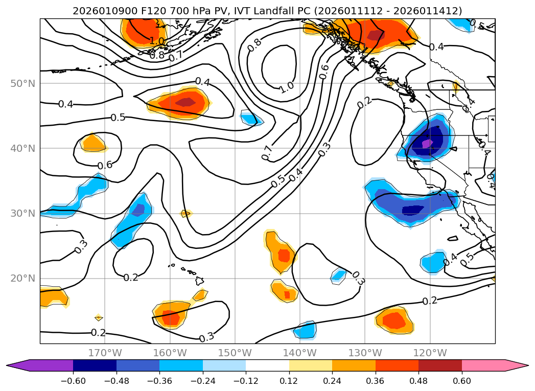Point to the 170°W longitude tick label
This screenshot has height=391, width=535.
[x=105, y=353]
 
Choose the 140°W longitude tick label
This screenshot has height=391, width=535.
[x=300, y=353]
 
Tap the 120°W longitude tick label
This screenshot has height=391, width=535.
[x=430, y=353]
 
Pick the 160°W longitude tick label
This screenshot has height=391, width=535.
[x=170, y=353]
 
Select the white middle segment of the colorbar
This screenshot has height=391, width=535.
[x=267, y=365]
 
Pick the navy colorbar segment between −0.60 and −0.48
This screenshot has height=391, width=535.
[x=95, y=365]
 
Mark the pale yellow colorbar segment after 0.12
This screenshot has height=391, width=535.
[x=311, y=365]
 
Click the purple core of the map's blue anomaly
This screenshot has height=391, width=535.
[x=426, y=144]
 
